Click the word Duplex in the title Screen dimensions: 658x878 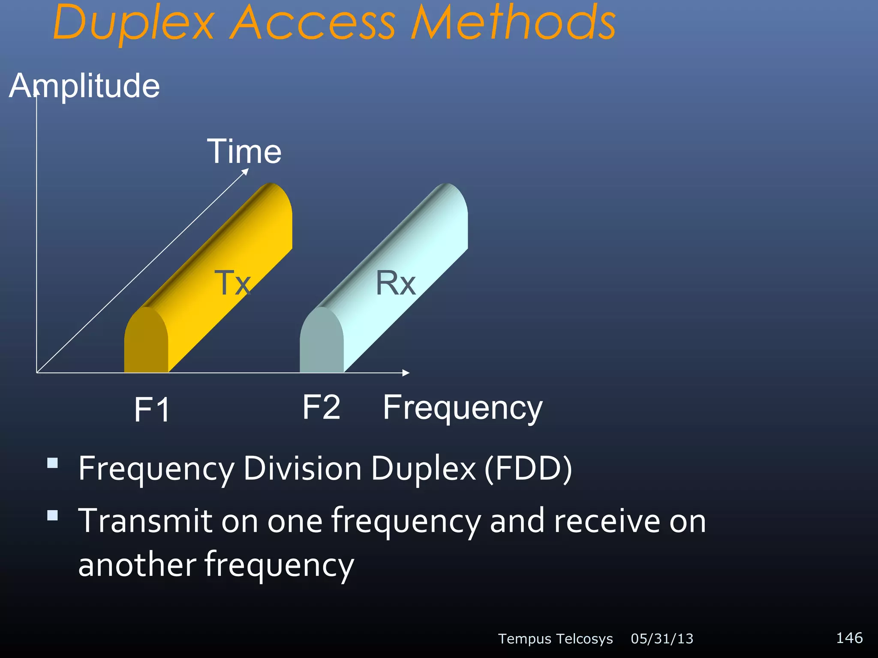133,24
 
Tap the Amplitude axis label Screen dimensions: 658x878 84,86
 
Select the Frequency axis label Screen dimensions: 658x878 463,408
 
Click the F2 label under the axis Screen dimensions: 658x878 321,407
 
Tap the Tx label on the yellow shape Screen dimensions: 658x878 232,283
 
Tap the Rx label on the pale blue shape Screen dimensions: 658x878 395,283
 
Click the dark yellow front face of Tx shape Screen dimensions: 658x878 146,343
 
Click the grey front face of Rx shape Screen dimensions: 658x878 321,343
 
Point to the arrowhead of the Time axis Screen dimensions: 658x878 246,171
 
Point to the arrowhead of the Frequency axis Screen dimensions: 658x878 406,373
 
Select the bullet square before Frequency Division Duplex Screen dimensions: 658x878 52,463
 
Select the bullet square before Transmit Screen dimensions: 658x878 52,515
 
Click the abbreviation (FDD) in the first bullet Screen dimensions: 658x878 528,468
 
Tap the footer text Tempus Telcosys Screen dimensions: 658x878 555,639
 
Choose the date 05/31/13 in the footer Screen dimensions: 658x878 662,639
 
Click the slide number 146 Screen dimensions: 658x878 849,637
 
